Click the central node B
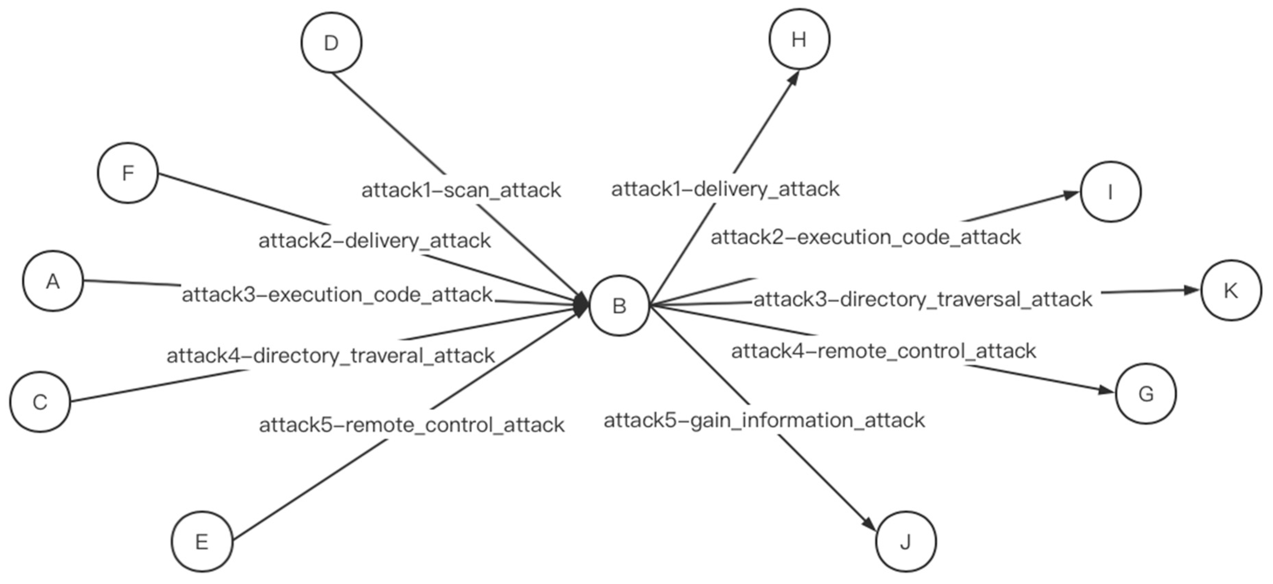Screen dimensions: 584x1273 619,306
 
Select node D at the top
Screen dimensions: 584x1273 331,43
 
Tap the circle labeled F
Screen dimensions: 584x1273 128,173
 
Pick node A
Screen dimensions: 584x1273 53,281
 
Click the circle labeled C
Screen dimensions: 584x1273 40,401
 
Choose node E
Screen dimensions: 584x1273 202,541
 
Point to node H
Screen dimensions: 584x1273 799,39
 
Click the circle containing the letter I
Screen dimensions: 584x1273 1110,191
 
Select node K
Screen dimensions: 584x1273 1230,290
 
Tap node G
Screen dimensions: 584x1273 1145,394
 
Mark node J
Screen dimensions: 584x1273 905,541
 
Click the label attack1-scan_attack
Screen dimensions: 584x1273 461,190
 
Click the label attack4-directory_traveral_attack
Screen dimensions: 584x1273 331,355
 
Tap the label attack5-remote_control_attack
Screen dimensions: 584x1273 411,425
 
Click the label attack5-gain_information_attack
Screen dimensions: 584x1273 764,420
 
